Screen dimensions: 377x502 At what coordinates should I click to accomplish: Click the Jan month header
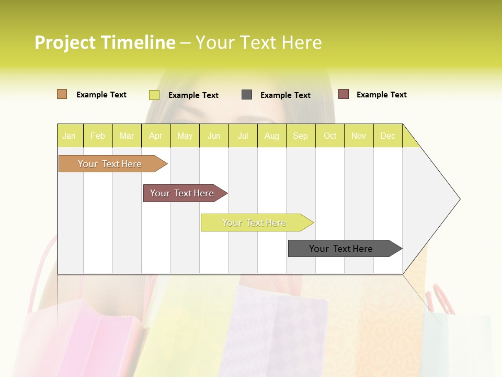70,136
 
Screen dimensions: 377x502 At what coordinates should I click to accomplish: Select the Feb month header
98,136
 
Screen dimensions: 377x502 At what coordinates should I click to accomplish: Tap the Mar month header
127,136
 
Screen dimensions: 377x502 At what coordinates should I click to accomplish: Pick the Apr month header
156,136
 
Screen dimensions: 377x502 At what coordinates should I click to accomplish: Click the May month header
185,136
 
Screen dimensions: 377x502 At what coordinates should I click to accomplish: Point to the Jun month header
214,136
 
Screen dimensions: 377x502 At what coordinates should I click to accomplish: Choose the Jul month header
243,136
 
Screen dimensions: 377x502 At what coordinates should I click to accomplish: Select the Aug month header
272,136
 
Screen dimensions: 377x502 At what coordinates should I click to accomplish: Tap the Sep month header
301,136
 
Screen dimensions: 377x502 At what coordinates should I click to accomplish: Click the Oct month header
330,136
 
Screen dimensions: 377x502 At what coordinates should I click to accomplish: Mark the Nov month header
359,136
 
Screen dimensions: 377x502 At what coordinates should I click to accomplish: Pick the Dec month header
387,136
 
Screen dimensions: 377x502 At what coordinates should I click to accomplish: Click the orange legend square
62,94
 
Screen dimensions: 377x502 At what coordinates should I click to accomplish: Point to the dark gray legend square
247,95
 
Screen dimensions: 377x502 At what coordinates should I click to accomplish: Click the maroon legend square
344,94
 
